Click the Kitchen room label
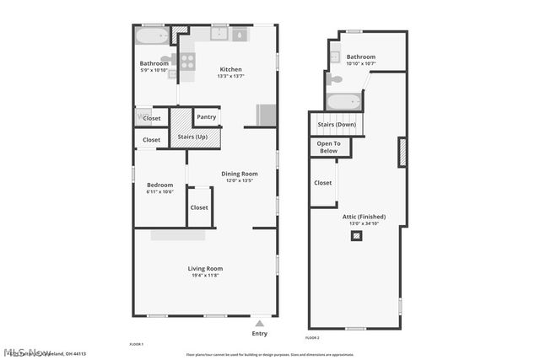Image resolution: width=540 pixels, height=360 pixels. [231, 69]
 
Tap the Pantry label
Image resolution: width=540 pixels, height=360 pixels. [206, 117]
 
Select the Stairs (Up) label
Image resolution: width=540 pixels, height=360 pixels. [194, 137]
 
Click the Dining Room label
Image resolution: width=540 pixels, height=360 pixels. [240, 174]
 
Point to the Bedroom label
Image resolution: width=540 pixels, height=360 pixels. [159, 185]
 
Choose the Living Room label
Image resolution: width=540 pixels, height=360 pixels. [205, 268]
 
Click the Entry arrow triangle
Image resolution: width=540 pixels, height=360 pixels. [260, 322]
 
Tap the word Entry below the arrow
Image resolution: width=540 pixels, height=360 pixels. [260, 333]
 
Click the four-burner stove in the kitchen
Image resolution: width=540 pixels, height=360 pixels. [187, 61]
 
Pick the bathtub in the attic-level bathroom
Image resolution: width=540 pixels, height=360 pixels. [344, 104]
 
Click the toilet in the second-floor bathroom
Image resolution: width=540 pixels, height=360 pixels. [336, 79]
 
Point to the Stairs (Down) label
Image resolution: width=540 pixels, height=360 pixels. [337, 125]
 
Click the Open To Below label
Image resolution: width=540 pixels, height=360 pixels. [329, 147]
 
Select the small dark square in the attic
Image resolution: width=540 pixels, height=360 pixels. [357, 236]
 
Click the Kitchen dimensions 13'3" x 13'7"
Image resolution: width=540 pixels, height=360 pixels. [231, 77]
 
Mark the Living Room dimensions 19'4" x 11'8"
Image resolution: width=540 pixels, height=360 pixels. [205, 276]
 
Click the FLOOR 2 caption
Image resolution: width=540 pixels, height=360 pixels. [313, 338]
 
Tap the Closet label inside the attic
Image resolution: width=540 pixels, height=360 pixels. [323, 182]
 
